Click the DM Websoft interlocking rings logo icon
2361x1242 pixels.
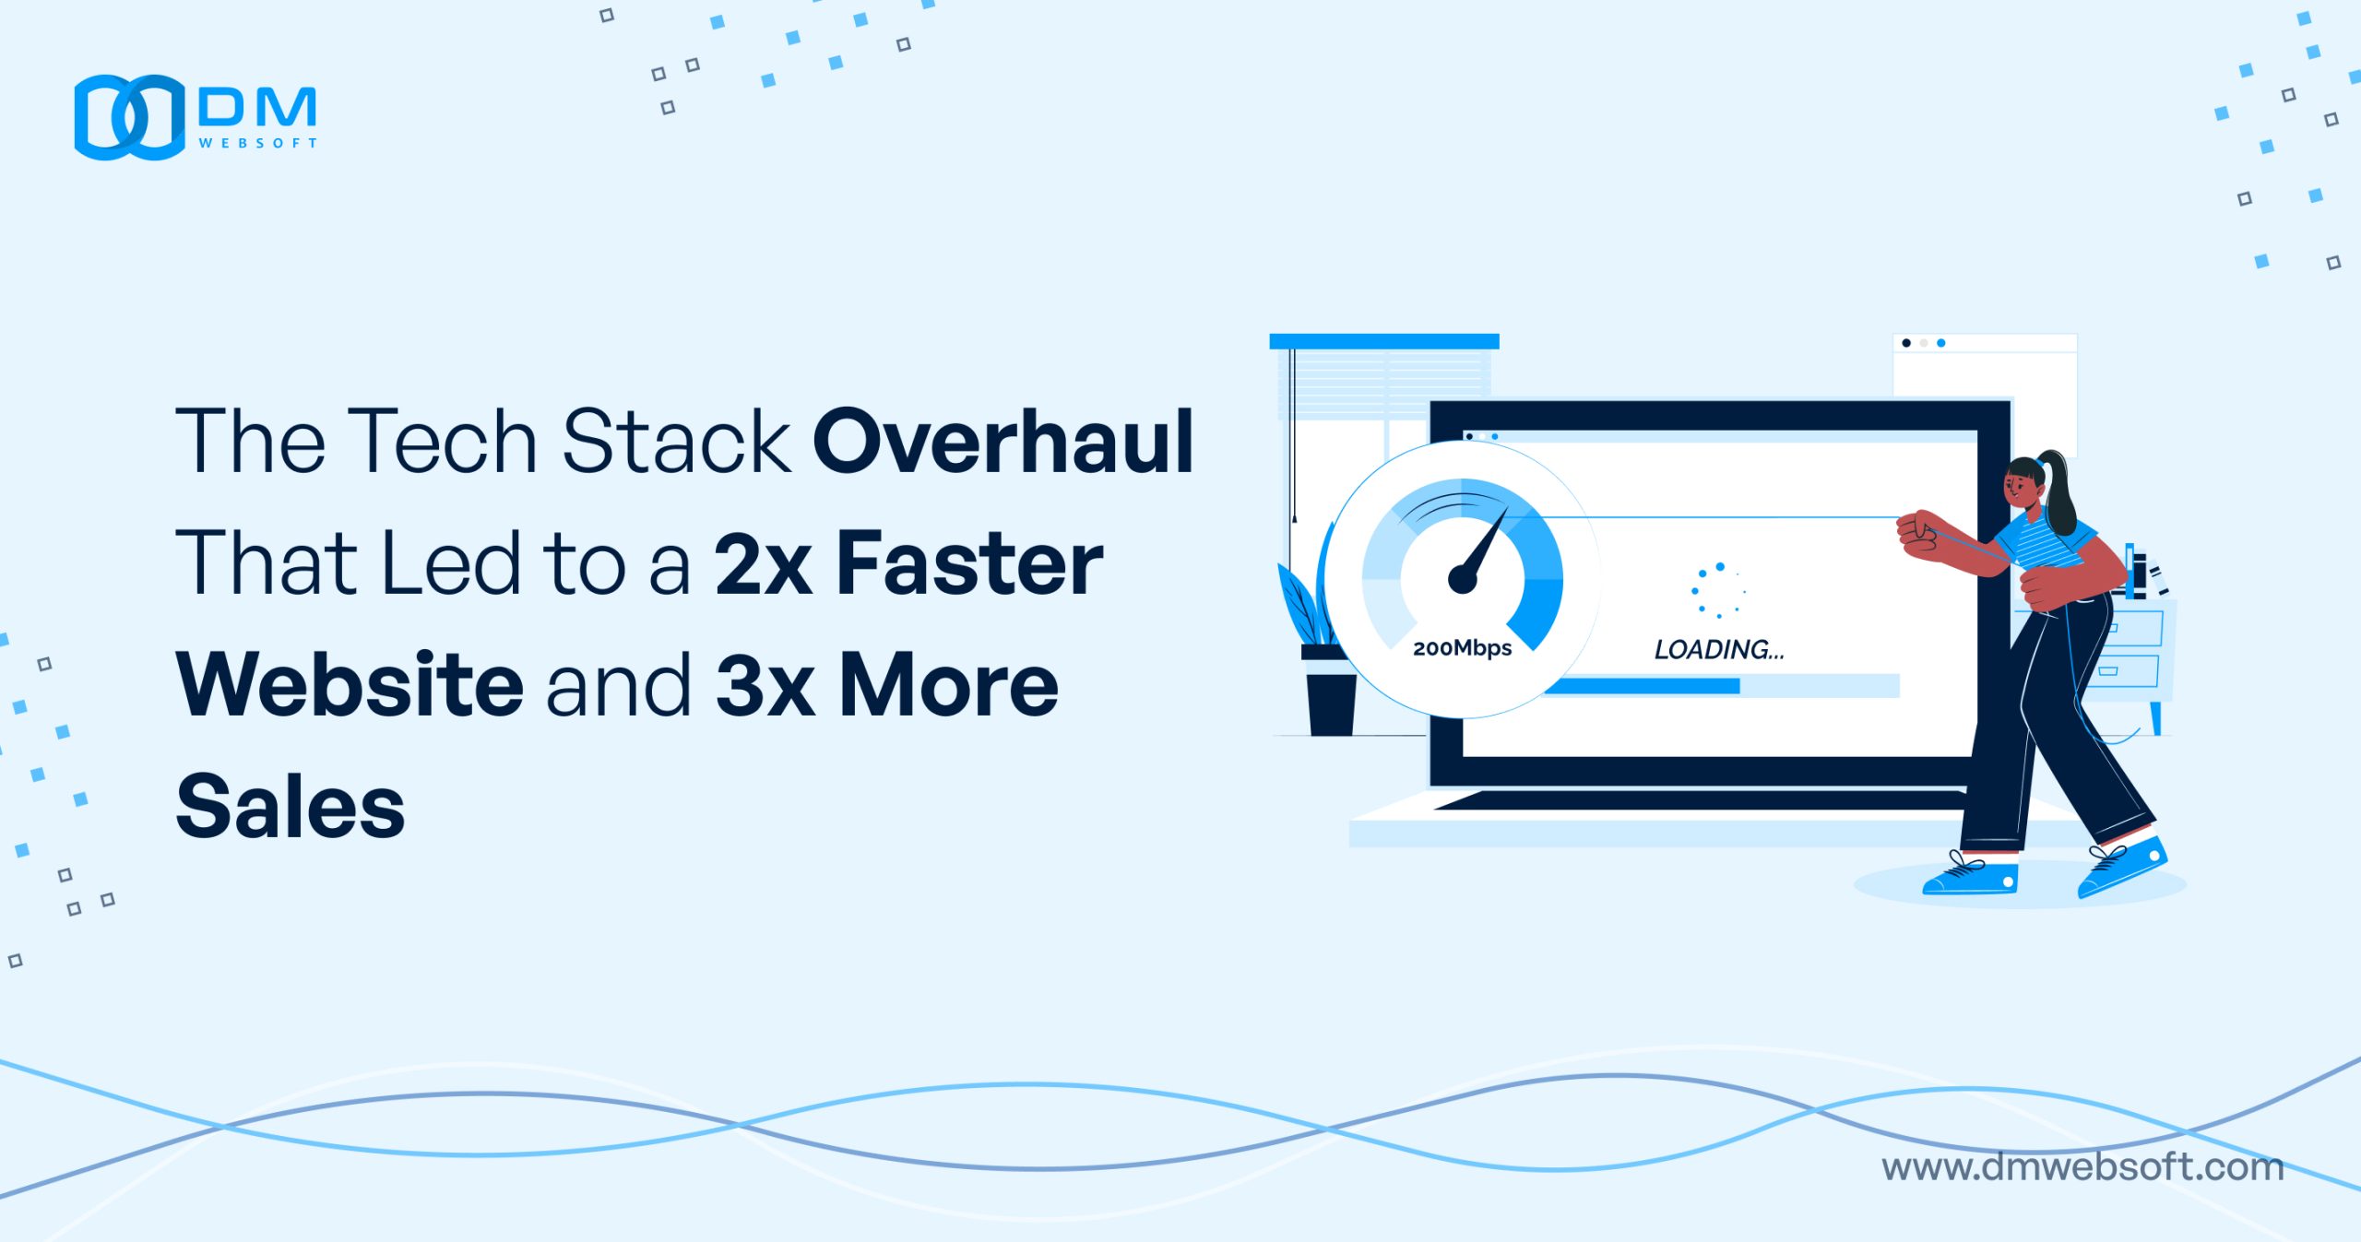point(130,117)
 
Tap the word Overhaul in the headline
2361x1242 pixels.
point(1003,442)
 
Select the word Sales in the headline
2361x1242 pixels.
point(291,806)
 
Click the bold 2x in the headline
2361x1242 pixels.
point(764,563)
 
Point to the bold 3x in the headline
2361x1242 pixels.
point(765,685)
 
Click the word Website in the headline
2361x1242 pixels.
point(350,684)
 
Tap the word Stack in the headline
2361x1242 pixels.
point(677,442)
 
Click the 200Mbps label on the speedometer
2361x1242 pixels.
point(1463,648)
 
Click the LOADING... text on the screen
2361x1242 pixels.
point(1719,650)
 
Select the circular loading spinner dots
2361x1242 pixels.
point(1718,590)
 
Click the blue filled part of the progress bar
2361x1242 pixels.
point(1643,686)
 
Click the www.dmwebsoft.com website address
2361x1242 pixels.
point(2082,1167)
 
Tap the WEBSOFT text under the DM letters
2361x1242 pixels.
point(258,143)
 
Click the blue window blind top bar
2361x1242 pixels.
point(1384,341)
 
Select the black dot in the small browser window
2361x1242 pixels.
point(1906,343)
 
